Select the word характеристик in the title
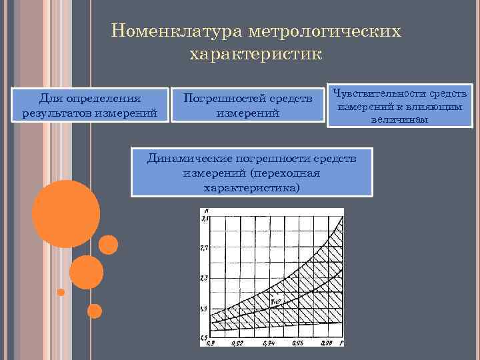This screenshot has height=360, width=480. pos(256,53)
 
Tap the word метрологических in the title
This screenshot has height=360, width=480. pos(325,31)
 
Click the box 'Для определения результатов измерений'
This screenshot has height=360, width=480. pos(89,105)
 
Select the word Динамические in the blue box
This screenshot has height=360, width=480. pos(189,159)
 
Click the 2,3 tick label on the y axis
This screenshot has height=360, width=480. pos(205,277)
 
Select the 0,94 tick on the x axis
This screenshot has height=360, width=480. pos(269,343)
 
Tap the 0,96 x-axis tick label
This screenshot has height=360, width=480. pos(299,343)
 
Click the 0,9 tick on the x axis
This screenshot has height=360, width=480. pos(211,343)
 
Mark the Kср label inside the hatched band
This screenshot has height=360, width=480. pos(275,301)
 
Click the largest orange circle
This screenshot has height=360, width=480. pos(66,213)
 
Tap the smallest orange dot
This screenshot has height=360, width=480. pos(61,292)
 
